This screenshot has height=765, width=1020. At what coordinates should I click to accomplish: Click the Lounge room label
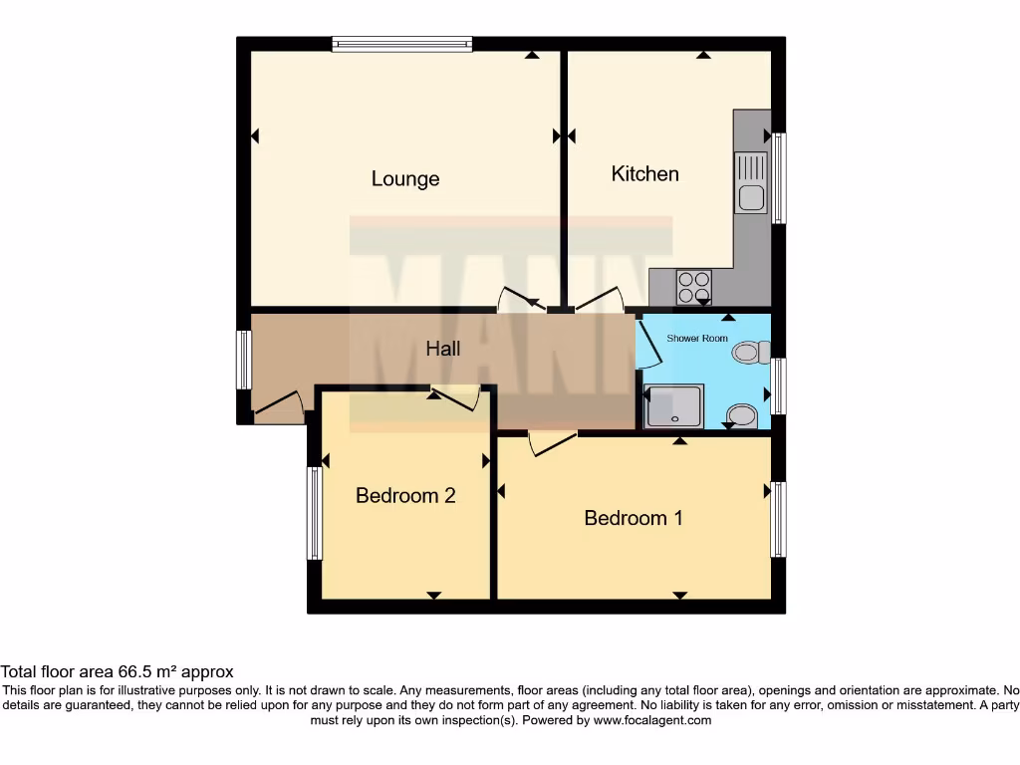click(x=405, y=179)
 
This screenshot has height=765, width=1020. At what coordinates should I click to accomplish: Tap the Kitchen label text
click(x=644, y=174)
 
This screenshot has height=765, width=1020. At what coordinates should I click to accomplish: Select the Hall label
click(x=443, y=349)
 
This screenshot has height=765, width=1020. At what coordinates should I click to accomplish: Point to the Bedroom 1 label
click(x=634, y=518)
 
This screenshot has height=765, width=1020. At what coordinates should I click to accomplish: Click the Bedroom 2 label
click(x=405, y=495)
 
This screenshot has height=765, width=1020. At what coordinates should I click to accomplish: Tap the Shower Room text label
click(x=697, y=339)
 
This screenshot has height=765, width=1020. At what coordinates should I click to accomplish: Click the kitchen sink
click(x=751, y=182)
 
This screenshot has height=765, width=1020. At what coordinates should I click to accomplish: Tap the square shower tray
click(x=674, y=406)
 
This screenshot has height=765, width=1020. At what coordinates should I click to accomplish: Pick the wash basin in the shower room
click(x=741, y=414)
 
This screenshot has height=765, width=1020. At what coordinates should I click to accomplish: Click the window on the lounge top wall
click(x=401, y=43)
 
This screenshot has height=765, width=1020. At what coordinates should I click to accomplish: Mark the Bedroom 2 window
click(x=314, y=513)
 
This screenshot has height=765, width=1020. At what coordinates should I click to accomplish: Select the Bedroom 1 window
click(x=778, y=519)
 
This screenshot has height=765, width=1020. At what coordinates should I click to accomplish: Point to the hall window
click(x=243, y=360)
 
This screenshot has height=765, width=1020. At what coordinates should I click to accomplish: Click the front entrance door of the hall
click(x=278, y=408)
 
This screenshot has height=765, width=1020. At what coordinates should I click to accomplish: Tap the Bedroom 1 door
click(x=552, y=442)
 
